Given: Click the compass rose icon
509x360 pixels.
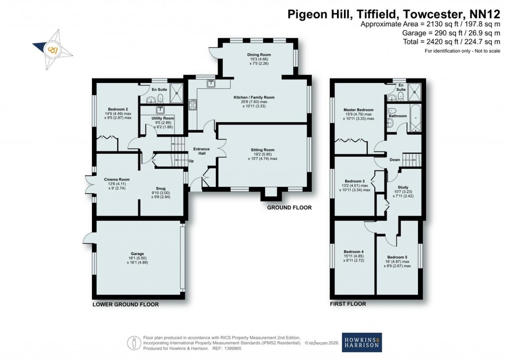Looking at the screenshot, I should [x=52, y=49].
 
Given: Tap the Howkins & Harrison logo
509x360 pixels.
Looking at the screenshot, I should [x=361, y=342].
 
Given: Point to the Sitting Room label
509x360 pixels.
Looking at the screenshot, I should [x=261, y=150].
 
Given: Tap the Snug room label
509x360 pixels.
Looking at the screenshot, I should [x=161, y=188].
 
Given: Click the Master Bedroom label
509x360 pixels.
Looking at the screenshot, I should [x=358, y=109].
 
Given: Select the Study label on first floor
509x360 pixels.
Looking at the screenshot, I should [x=402, y=186].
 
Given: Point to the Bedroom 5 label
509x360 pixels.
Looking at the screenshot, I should [x=399, y=257].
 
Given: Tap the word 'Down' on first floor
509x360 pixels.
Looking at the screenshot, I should [x=395, y=160].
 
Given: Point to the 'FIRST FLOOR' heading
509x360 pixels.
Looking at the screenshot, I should [x=348, y=304].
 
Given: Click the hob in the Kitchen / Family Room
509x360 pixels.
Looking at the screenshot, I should [x=192, y=105].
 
